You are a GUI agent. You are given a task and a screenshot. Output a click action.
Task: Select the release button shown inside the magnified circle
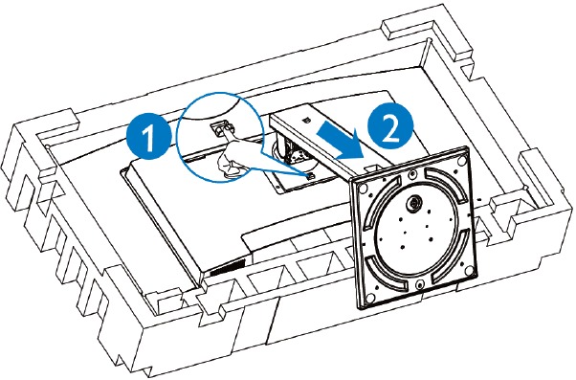click(x=218, y=124)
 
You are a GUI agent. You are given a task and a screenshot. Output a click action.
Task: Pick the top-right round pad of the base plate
click(x=460, y=154)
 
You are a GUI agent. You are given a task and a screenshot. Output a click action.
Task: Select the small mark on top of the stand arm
click(x=299, y=120)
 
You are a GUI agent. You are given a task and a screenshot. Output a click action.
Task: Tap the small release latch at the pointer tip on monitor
click(x=309, y=175)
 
